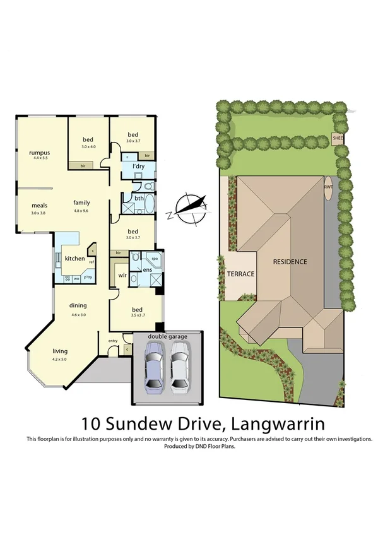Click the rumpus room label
[x=38, y=153]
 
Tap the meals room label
[x=39, y=205]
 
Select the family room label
[x=81, y=203]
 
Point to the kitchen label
[x=74, y=259]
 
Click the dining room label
[x=78, y=305]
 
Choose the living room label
[x=60, y=351]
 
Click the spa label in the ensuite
[x=154, y=258]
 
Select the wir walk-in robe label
[x=122, y=275]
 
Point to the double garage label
[x=167, y=337]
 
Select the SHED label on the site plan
[x=338, y=138]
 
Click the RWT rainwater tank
[x=328, y=188]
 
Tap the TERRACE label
[x=240, y=274]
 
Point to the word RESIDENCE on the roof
[x=290, y=261]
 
